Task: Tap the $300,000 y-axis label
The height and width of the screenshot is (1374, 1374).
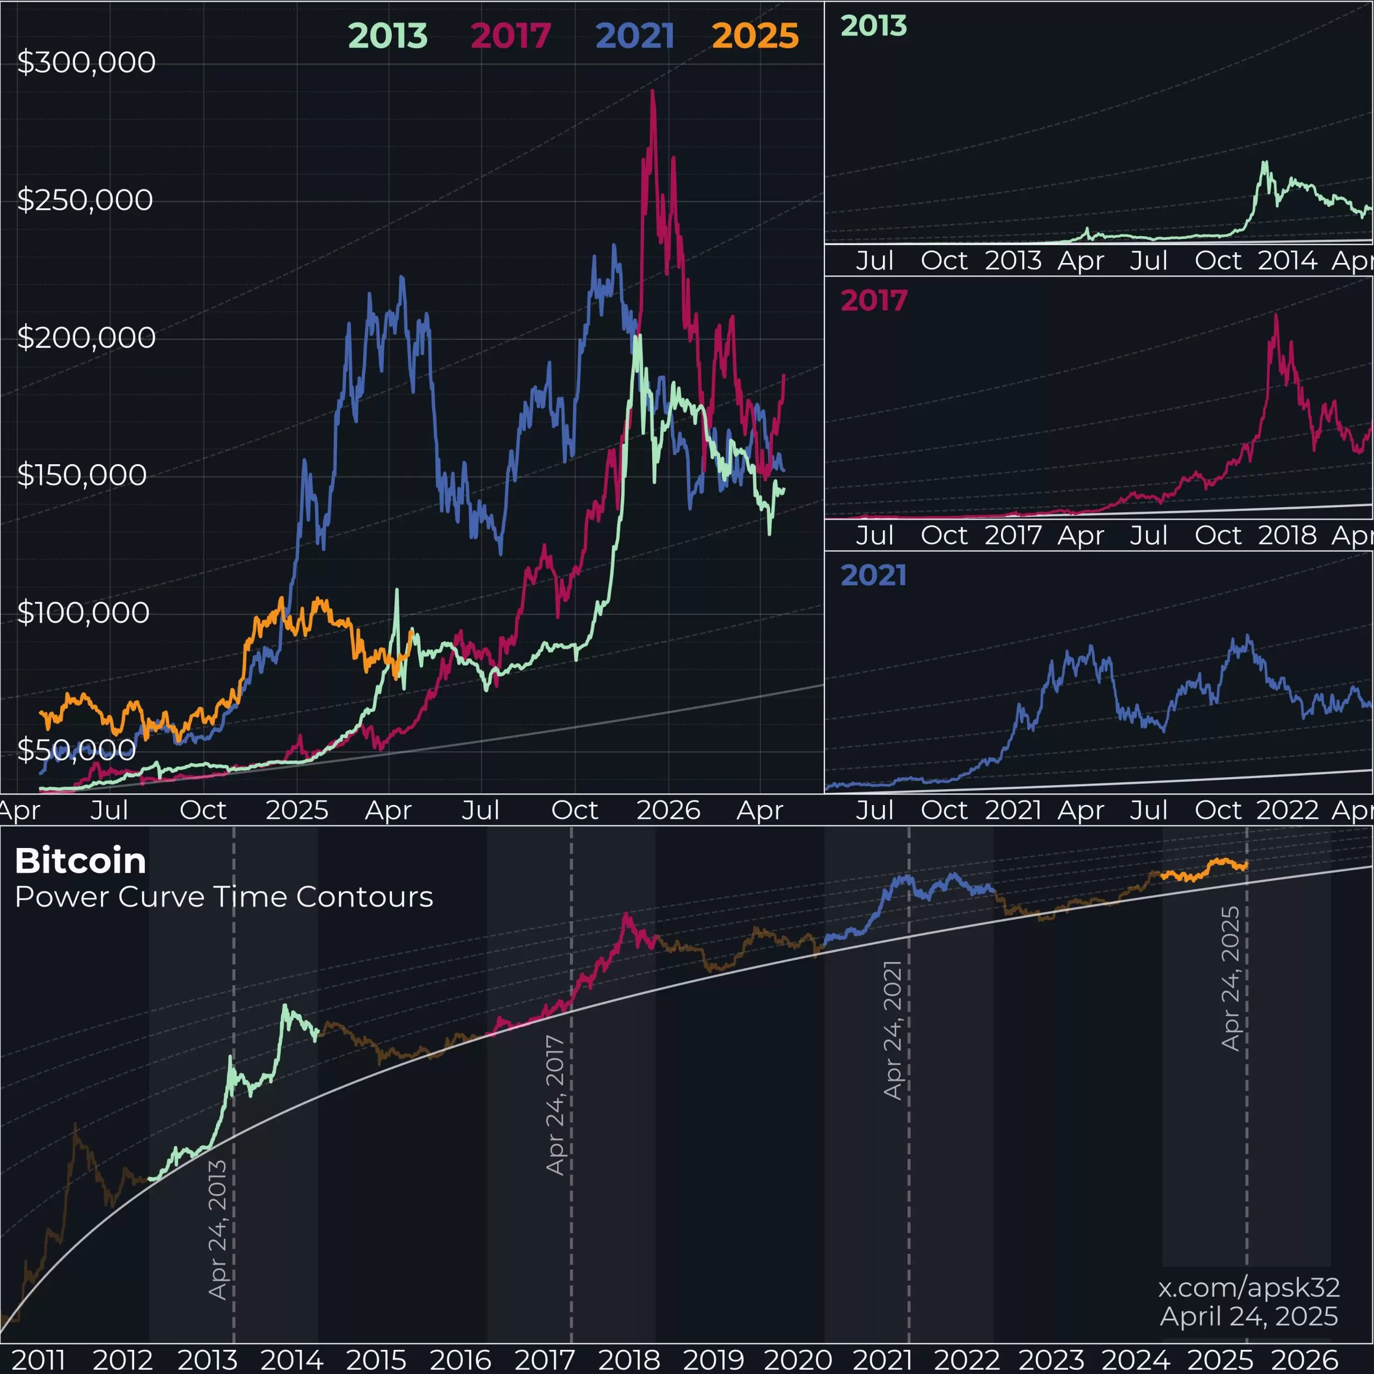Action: (x=86, y=63)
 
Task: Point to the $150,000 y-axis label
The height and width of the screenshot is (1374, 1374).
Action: (x=82, y=475)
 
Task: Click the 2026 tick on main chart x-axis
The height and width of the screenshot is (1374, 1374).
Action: (x=668, y=810)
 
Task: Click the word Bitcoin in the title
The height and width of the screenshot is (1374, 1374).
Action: (x=81, y=861)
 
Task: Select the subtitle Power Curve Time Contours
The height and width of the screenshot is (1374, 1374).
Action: (x=224, y=897)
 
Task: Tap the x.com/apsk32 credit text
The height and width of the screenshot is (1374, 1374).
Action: (x=1249, y=1287)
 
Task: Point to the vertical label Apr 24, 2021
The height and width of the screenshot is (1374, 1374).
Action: (x=893, y=1030)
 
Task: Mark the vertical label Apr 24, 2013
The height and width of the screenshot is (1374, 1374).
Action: (x=217, y=1230)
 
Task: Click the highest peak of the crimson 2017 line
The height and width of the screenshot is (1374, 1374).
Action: (x=652, y=92)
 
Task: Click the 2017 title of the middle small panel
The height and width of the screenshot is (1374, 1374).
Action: (x=873, y=300)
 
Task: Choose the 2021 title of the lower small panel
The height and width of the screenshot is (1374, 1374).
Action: (x=873, y=575)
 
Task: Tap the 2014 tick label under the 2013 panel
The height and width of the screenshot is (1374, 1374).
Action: (x=1287, y=260)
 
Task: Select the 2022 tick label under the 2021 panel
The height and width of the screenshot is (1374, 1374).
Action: (x=1287, y=810)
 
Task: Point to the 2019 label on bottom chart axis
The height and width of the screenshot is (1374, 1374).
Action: (x=713, y=1359)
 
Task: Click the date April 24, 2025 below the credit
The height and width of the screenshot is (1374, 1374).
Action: (x=1249, y=1317)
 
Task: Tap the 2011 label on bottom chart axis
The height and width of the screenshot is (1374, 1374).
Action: (x=39, y=1359)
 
